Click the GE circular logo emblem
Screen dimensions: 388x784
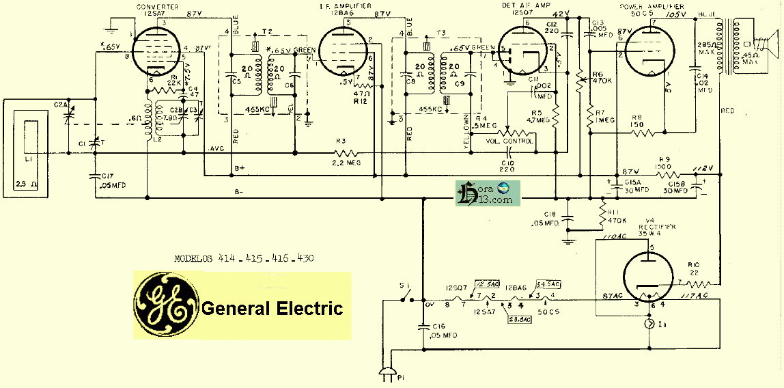[165, 305]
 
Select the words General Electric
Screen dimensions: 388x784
[272, 308]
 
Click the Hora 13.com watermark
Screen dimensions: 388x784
[488, 193]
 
